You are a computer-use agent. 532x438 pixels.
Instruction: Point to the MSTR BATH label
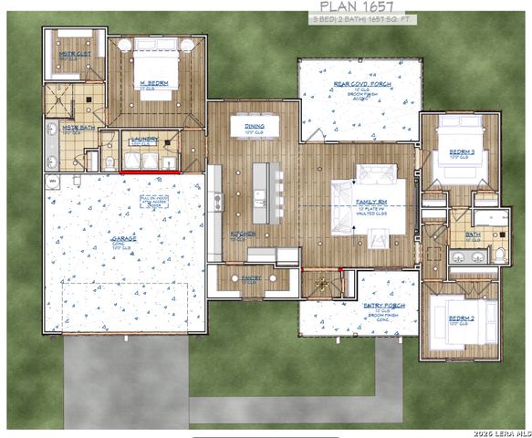(x=70, y=128)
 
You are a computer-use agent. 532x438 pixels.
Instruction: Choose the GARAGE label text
(x=124, y=239)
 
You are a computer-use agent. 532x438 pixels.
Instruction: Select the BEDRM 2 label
(x=461, y=318)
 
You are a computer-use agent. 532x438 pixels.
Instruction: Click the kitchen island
(x=261, y=192)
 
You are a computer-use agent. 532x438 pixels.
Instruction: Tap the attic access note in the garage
(x=151, y=203)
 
